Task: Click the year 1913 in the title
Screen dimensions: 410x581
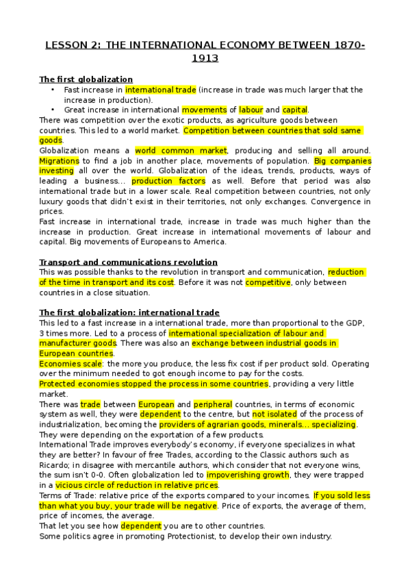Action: [x=205, y=59]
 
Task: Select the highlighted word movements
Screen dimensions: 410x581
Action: [x=204, y=110]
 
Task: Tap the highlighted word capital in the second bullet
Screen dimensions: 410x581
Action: [x=295, y=110]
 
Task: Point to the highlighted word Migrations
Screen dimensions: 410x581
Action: [x=60, y=160]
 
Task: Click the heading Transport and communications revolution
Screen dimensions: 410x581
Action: [x=129, y=262]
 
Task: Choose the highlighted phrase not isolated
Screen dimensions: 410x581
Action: [x=276, y=415]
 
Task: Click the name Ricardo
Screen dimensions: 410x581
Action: [x=55, y=465]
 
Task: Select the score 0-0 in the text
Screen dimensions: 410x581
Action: [x=107, y=474]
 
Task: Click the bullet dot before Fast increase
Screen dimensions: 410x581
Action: [x=52, y=90]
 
